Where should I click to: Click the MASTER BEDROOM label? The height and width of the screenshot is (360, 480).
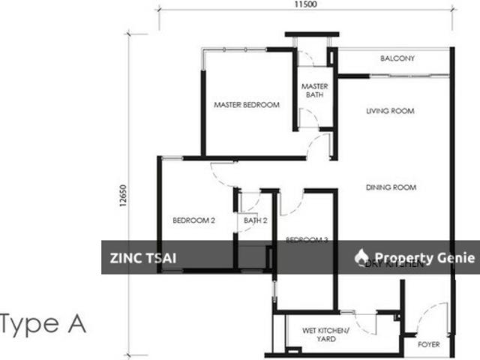pos(246,105)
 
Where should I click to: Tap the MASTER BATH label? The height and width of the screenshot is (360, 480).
pos(314,91)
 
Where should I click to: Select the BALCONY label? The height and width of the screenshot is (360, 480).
pos(397,58)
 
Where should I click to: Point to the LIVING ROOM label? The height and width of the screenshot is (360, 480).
pos(390,112)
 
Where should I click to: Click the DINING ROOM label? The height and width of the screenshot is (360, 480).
pos(391,187)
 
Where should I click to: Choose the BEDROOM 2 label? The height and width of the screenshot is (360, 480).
pos(194,220)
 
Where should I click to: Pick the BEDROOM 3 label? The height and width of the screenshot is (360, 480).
pos(307,240)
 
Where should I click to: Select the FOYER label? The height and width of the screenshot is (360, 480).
pos(428,346)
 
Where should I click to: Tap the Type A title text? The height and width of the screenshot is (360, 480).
pos(43,325)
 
